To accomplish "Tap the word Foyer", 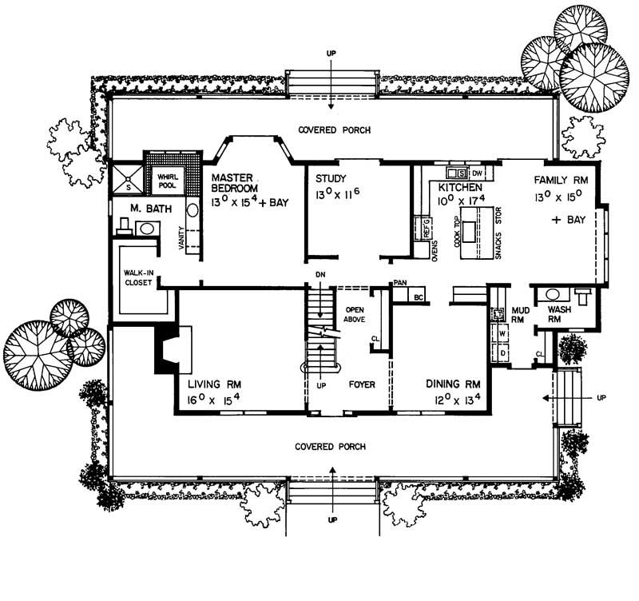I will (361, 384).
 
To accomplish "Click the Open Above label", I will (354, 314).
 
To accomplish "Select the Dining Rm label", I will (453, 383).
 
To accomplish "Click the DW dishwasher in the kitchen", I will (477, 173).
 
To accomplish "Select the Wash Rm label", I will (558, 314).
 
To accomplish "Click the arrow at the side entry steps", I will (550, 396).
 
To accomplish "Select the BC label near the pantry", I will (419, 297).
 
